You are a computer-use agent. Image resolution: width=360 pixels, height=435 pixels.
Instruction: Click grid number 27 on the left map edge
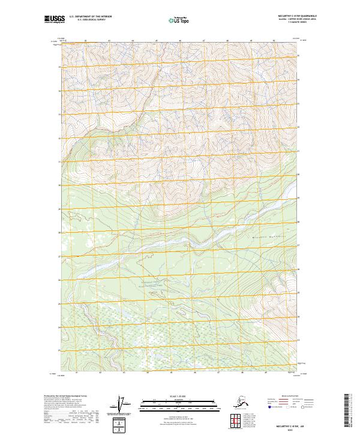(59, 256)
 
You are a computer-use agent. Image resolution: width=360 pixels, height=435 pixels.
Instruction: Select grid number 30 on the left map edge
(59, 185)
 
